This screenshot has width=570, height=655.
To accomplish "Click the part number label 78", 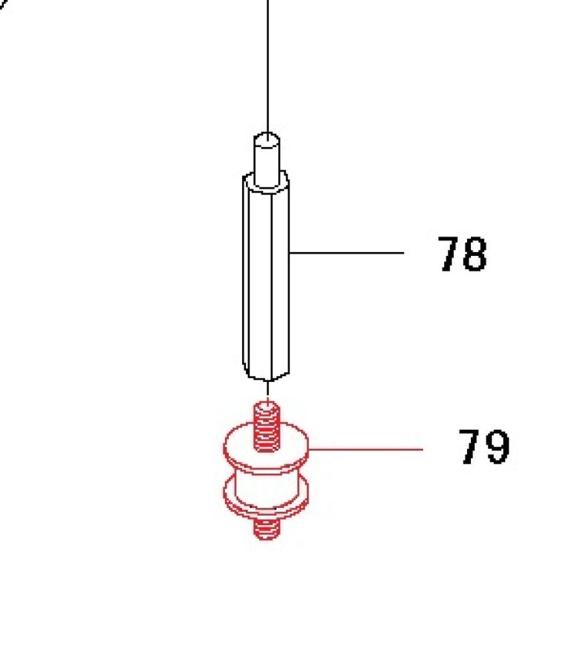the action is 463,254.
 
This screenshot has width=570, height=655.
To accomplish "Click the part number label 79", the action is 484,446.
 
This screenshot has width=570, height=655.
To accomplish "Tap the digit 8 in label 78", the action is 475,254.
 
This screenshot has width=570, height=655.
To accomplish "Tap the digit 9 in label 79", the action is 497,446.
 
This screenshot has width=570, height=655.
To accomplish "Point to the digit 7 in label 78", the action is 449,254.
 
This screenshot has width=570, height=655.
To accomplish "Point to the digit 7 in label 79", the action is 470,446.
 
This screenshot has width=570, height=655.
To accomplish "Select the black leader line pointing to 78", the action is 346,252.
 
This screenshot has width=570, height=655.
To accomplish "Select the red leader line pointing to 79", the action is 366,449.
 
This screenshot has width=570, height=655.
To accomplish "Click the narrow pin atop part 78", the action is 267,160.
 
